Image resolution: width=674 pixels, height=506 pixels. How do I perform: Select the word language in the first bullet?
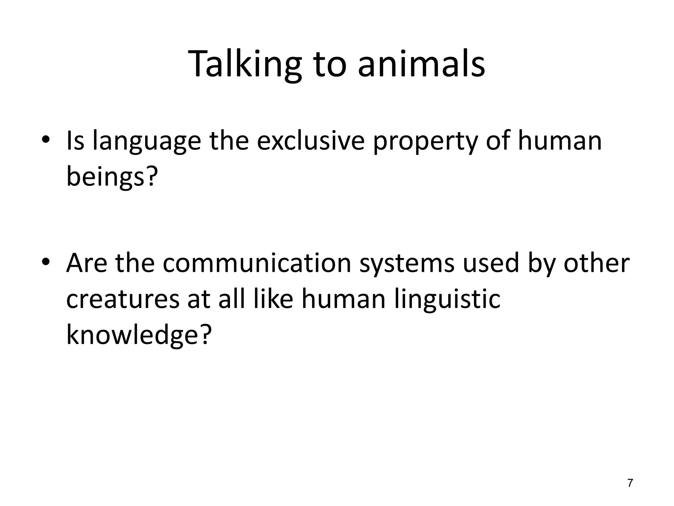(x=147, y=141)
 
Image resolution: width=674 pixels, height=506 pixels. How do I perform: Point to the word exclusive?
(x=310, y=141)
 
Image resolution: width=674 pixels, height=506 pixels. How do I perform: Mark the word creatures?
(x=123, y=299)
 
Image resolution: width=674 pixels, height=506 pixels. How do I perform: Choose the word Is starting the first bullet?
(x=75, y=141)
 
